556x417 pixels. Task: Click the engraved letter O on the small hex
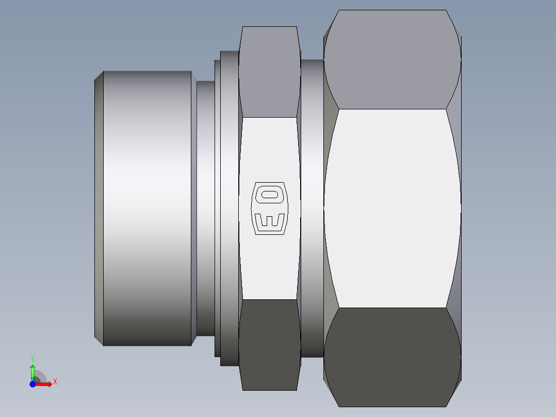pos(269,195)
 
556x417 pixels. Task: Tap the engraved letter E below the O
pos(269,220)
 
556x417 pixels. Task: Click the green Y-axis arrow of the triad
pos(32,373)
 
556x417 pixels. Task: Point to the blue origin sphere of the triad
pos(32,384)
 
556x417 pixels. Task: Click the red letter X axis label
pos(55,382)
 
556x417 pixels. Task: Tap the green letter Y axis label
pos(32,359)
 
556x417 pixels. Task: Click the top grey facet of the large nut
pos(392,60)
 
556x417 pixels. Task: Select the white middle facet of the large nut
pos(392,208)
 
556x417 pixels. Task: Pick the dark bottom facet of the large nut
pos(392,357)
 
